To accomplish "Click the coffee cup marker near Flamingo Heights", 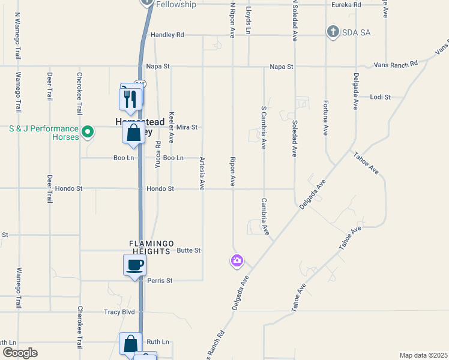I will click(x=134, y=265).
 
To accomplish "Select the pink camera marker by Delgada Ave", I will click(x=237, y=260).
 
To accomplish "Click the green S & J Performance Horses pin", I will click(x=88, y=130).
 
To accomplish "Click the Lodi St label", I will click(x=381, y=97).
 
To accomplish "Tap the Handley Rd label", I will click(x=167, y=35).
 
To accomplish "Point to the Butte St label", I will click(x=188, y=250).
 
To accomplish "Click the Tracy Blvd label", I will click(x=119, y=312).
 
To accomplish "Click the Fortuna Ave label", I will click(x=326, y=120).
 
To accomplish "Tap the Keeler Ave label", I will click(x=172, y=125).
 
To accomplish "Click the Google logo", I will click(x=20, y=353).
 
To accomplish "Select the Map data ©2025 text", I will click(x=423, y=355).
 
